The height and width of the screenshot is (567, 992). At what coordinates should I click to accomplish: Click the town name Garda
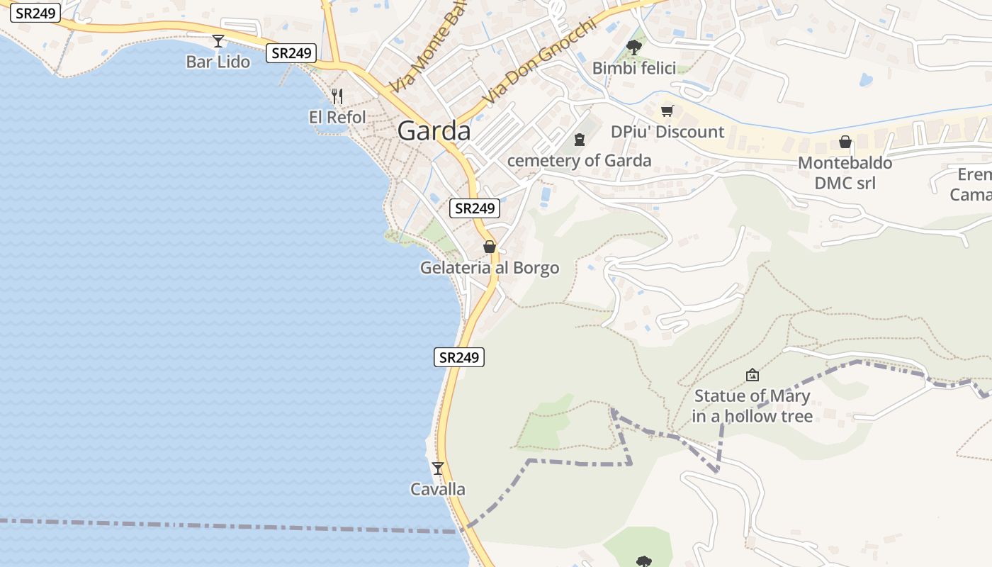(434, 131)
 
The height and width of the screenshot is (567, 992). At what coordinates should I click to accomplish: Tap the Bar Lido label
(218, 62)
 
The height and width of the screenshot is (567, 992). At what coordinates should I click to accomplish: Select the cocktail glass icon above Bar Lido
(218, 41)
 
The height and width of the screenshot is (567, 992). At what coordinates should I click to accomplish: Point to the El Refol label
(337, 117)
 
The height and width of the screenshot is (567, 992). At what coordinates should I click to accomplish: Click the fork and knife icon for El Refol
(337, 96)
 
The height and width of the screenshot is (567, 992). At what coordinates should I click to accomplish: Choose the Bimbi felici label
(634, 68)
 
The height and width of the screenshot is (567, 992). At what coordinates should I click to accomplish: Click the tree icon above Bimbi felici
(634, 47)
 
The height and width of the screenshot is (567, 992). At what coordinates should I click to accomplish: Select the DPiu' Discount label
(667, 132)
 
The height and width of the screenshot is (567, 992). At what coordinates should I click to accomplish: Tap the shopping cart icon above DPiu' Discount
(667, 111)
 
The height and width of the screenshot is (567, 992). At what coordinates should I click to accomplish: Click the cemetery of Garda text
(579, 160)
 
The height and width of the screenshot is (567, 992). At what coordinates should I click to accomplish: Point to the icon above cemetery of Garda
(580, 139)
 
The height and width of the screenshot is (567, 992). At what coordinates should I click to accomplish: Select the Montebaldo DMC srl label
(845, 172)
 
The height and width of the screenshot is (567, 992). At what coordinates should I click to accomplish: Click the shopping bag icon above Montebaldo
(845, 142)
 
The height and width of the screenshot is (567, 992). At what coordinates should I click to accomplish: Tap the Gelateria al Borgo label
(489, 268)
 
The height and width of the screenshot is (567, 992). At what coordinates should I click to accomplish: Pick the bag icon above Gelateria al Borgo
(489, 247)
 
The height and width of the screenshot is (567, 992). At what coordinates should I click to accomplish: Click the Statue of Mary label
(752, 405)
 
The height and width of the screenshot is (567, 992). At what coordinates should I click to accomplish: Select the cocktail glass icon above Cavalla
(438, 468)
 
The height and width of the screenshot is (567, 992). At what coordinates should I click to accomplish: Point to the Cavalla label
(438, 489)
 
